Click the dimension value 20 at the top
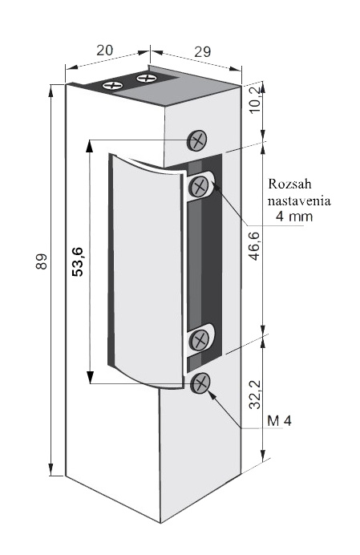coord(105,51)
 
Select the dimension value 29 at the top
coord(203,51)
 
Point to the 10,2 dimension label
coord(255,99)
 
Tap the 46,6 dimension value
coord(255,246)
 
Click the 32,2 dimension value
coord(255,395)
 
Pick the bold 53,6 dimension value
coord(77,261)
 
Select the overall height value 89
coord(42,261)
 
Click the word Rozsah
coord(289,184)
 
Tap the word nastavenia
coord(299,201)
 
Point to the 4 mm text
coord(294,216)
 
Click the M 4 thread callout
coord(280,421)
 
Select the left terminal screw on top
coord(112,85)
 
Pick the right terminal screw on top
coord(147,78)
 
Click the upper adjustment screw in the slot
coord(200,186)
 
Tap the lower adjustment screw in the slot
coord(200,341)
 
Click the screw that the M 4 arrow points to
coord(200,383)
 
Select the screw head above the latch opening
coord(196,140)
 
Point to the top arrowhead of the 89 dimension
coord(51,91)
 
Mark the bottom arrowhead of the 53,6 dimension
coord(90,377)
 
